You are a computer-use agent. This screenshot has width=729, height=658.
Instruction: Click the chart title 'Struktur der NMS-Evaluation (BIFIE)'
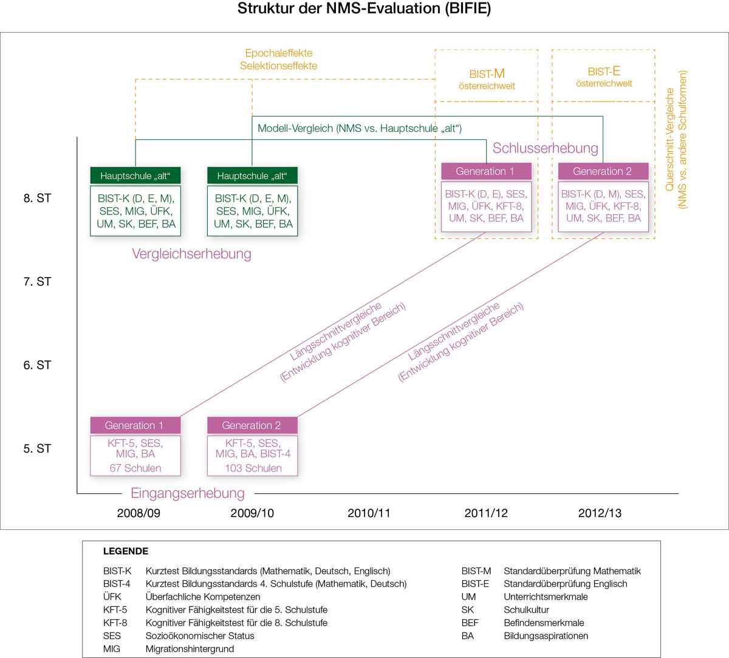coord(364,9)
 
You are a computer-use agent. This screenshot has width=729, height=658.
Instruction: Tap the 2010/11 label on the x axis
coord(369,513)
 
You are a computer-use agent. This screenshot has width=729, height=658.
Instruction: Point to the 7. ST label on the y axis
coord(37,282)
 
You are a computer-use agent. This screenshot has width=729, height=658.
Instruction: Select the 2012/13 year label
coord(600,513)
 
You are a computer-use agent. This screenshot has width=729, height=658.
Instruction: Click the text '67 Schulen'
coord(135,468)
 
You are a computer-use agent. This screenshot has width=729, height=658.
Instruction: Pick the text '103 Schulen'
coord(253,468)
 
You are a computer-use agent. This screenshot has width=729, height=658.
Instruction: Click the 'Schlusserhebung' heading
coord(545,148)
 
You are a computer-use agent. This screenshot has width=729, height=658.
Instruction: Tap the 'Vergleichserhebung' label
coord(191,254)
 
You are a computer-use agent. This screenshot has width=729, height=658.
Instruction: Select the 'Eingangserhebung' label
coord(188,493)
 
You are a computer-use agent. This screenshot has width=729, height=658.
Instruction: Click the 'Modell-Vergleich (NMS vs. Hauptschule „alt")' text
coord(360,128)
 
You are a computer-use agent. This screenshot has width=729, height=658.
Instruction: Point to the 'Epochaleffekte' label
coord(279,53)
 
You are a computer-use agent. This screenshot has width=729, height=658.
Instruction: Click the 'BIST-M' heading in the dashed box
coord(487,74)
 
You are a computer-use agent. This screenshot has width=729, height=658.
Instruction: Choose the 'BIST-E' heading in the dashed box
coord(604,72)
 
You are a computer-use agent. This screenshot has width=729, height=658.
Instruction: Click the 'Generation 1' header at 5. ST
coord(134,425)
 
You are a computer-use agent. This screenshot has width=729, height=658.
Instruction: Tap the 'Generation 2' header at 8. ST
coord(602,171)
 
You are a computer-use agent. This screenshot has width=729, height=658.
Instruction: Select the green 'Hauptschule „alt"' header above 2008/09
coord(135,176)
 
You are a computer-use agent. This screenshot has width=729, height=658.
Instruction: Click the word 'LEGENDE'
coord(126,552)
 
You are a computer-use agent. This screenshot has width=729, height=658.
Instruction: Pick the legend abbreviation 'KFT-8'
coord(115,623)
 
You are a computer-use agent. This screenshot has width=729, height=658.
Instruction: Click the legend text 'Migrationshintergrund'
coord(190,649)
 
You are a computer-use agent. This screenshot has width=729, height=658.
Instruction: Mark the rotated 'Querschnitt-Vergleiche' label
coord(670,140)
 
